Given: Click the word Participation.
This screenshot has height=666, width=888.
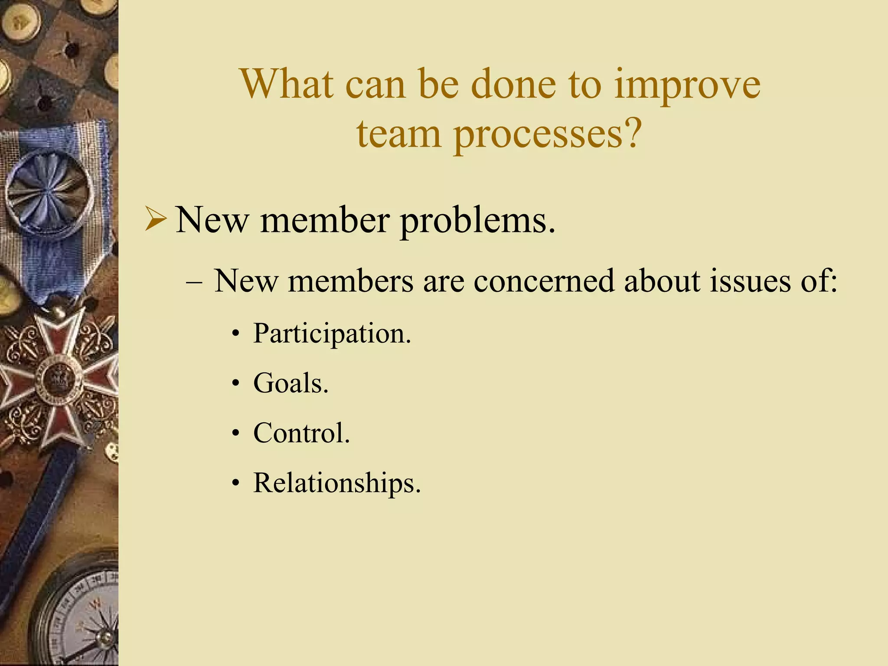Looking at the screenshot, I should click(x=332, y=334).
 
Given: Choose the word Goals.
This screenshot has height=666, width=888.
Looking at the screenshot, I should click(x=291, y=383).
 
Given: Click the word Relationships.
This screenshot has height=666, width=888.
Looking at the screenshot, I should click(x=337, y=483).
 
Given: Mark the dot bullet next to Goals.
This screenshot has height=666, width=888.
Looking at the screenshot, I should click(x=235, y=384).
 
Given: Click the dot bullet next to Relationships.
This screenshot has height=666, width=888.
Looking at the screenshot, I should click(x=235, y=483).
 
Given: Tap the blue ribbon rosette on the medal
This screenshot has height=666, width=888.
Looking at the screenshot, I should click(x=49, y=191).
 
